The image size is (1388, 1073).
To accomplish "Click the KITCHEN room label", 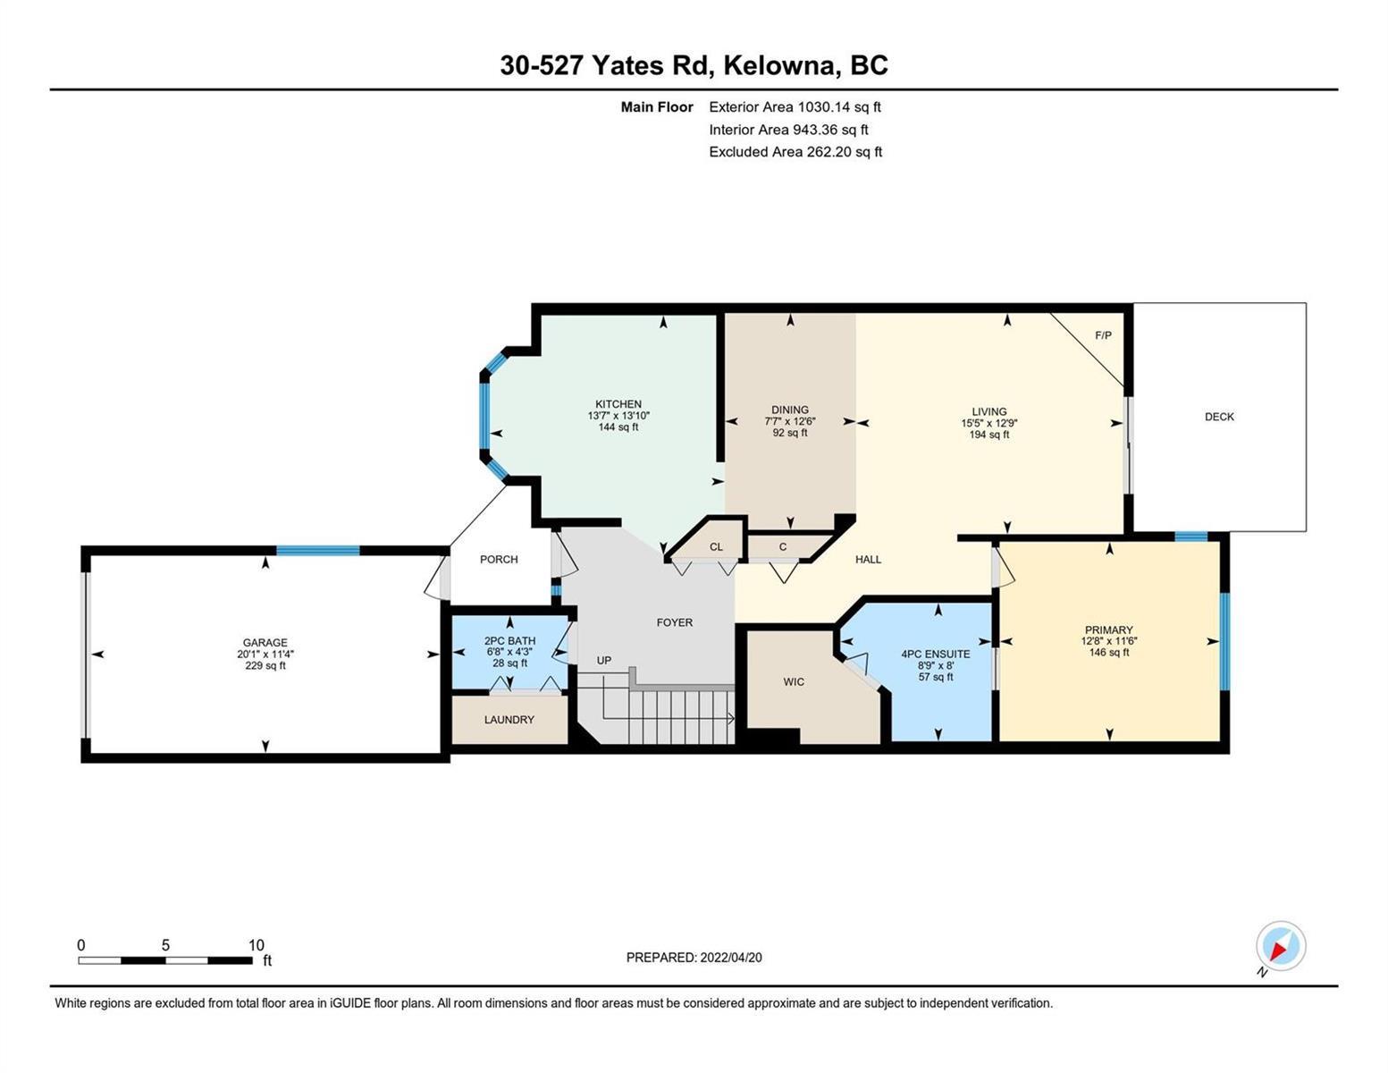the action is pos(618,404).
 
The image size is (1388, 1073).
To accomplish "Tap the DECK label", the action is pos(1219,417).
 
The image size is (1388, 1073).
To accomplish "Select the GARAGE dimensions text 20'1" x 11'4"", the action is pos(265,654).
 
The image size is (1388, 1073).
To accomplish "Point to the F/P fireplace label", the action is pos(1103,335).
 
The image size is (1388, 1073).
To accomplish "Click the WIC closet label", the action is pos(794,682).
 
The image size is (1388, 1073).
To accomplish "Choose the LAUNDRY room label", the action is pos(509,720).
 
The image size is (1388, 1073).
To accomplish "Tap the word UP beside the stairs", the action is pos(603,660).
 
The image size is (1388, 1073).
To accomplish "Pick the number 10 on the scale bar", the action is pos(257,945).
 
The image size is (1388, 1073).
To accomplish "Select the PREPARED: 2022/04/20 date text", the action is pos(694,958).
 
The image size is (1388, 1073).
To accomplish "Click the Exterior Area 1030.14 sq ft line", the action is pos(795,107).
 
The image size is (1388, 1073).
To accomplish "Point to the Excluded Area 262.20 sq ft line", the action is pos(795,152).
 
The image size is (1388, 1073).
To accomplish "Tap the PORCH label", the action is pos(499,559).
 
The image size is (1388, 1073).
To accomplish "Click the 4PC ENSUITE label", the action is pos(935,654).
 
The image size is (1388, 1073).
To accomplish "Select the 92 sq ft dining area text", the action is pos(789,433).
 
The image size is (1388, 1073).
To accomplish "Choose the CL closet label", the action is pos(716,547).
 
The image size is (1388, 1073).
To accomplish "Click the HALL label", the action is pos(868,559).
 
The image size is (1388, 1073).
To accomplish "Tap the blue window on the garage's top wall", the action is pos(317,550).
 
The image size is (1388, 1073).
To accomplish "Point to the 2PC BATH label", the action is pos(509,640).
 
